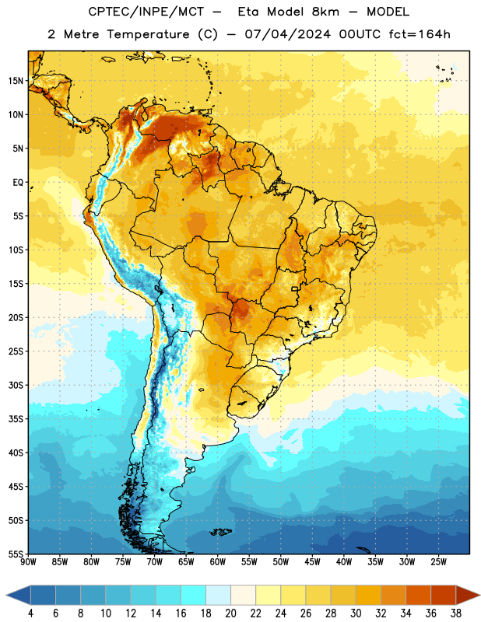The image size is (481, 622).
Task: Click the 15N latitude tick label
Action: pyautogui.click(x=16, y=81)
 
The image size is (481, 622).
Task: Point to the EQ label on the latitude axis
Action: pyautogui.click(x=18, y=183)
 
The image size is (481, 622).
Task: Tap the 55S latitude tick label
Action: pyautogui.click(x=16, y=554)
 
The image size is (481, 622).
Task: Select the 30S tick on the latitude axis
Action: pyautogui.click(x=16, y=385)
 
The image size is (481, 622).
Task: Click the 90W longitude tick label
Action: pyautogui.click(x=28, y=562)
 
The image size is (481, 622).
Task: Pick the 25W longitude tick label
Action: pyautogui.click(x=438, y=562)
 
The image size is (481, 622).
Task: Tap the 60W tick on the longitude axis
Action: pyautogui.click(x=218, y=562)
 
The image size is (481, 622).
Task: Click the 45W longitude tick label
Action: pyautogui.click(x=312, y=562)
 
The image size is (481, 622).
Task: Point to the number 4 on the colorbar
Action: pyautogui.click(x=30, y=613)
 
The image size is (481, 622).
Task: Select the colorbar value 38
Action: pyautogui.click(x=455, y=613)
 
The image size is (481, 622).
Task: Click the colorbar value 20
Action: pyautogui.click(x=230, y=613)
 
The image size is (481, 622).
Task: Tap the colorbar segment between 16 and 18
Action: pyautogui.click(x=194, y=596)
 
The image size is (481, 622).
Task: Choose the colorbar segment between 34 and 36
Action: pyautogui.click(x=418, y=596)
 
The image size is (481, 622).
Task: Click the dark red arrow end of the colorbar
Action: pyautogui.click(x=467, y=596)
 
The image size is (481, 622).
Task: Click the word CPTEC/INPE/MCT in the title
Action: pyautogui.click(x=146, y=12)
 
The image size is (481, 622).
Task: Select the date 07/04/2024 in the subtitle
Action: pyautogui.click(x=287, y=34)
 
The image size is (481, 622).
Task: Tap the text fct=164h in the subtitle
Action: pyautogui.click(x=420, y=34)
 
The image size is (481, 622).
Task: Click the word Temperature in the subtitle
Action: pyautogui.click(x=148, y=34)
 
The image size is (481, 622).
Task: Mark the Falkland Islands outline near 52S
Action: pyautogui.click(x=221, y=532)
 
